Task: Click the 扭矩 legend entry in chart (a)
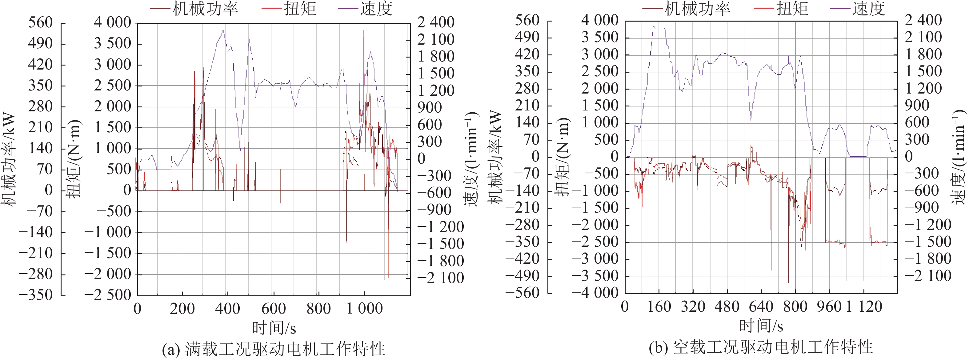[299, 8]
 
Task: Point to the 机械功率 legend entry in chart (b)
[697, 8]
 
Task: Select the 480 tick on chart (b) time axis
[727, 306]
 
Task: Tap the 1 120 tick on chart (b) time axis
[864, 306]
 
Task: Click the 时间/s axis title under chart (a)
[274, 328]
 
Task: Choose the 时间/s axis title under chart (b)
[761, 326]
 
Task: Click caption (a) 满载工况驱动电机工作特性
[274, 349]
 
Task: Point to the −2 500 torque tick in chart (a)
[108, 295]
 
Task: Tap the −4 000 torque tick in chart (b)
[595, 293]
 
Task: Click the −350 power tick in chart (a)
[36, 295]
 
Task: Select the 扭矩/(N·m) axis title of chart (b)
[564, 157]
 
